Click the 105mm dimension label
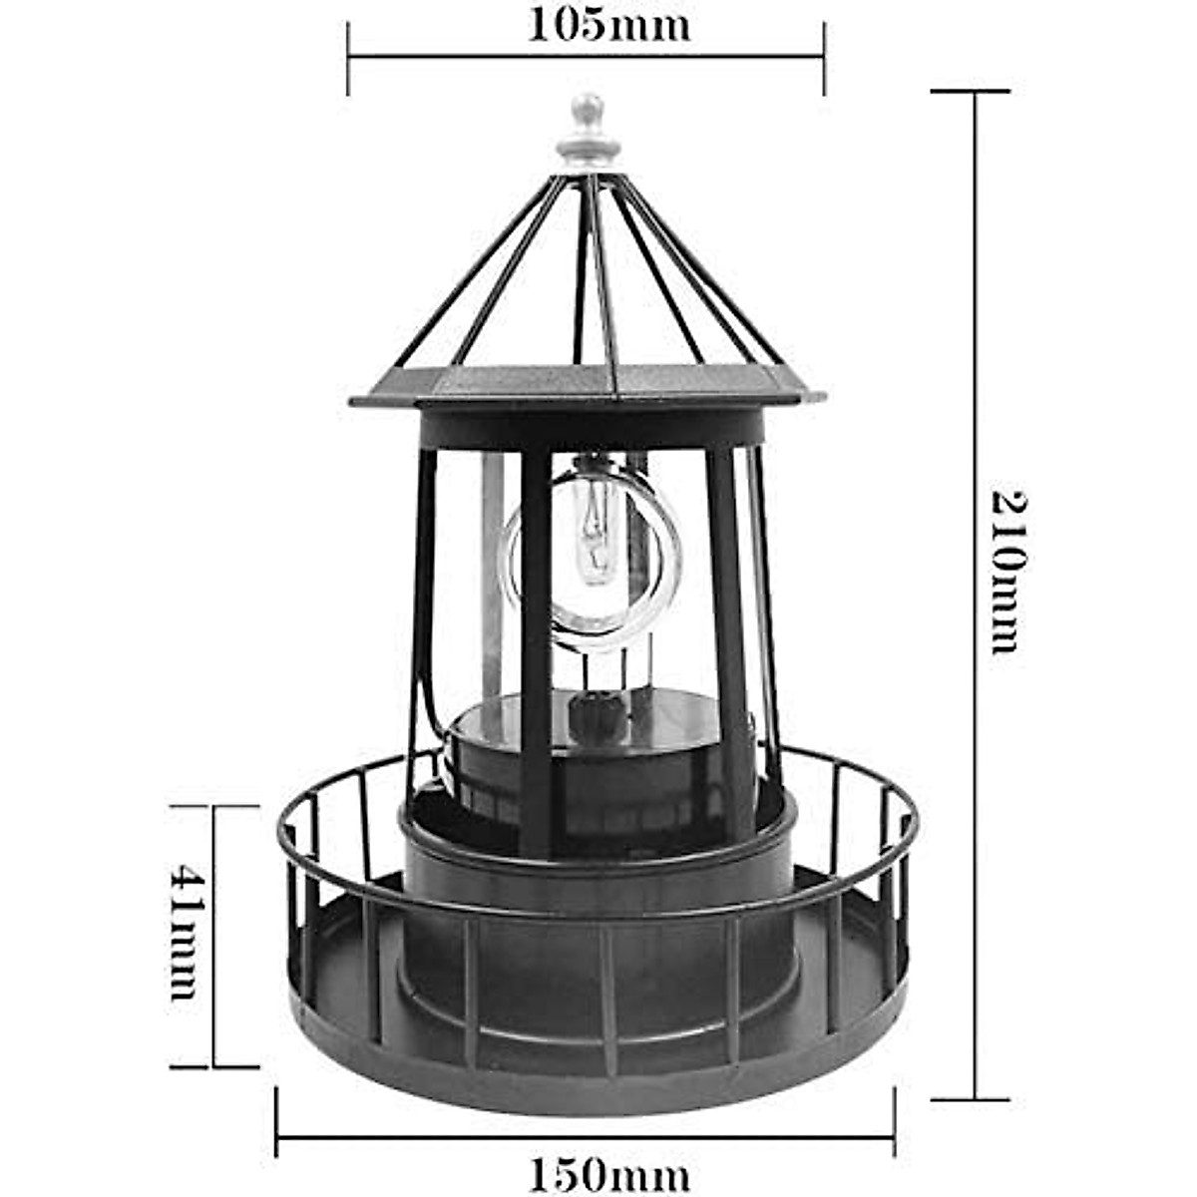point(608,25)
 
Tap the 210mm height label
point(1006,571)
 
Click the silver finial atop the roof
point(589,130)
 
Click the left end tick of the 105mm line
point(348,59)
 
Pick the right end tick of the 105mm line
point(825,59)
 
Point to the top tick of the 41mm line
point(214,806)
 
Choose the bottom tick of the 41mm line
point(214,1066)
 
